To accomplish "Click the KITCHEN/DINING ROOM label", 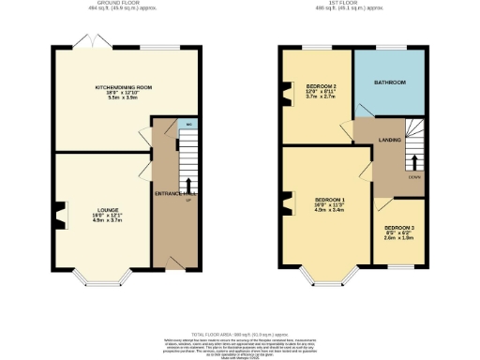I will tap(124, 87).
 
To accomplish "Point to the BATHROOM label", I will tap(390, 82).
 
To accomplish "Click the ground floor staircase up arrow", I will tap(188, 183).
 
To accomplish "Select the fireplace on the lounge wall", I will tap(59, 217).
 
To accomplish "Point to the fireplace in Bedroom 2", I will tap(285, 96).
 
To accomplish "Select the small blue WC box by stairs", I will tap(189, 124).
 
